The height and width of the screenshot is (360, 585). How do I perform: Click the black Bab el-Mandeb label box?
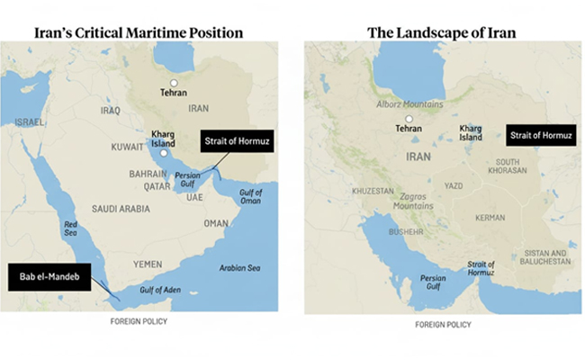(47, 274)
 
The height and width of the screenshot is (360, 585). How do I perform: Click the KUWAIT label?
(123, 145)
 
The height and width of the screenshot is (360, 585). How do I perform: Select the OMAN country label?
(217, 223)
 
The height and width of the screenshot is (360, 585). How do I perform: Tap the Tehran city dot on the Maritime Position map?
(176, 83)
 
